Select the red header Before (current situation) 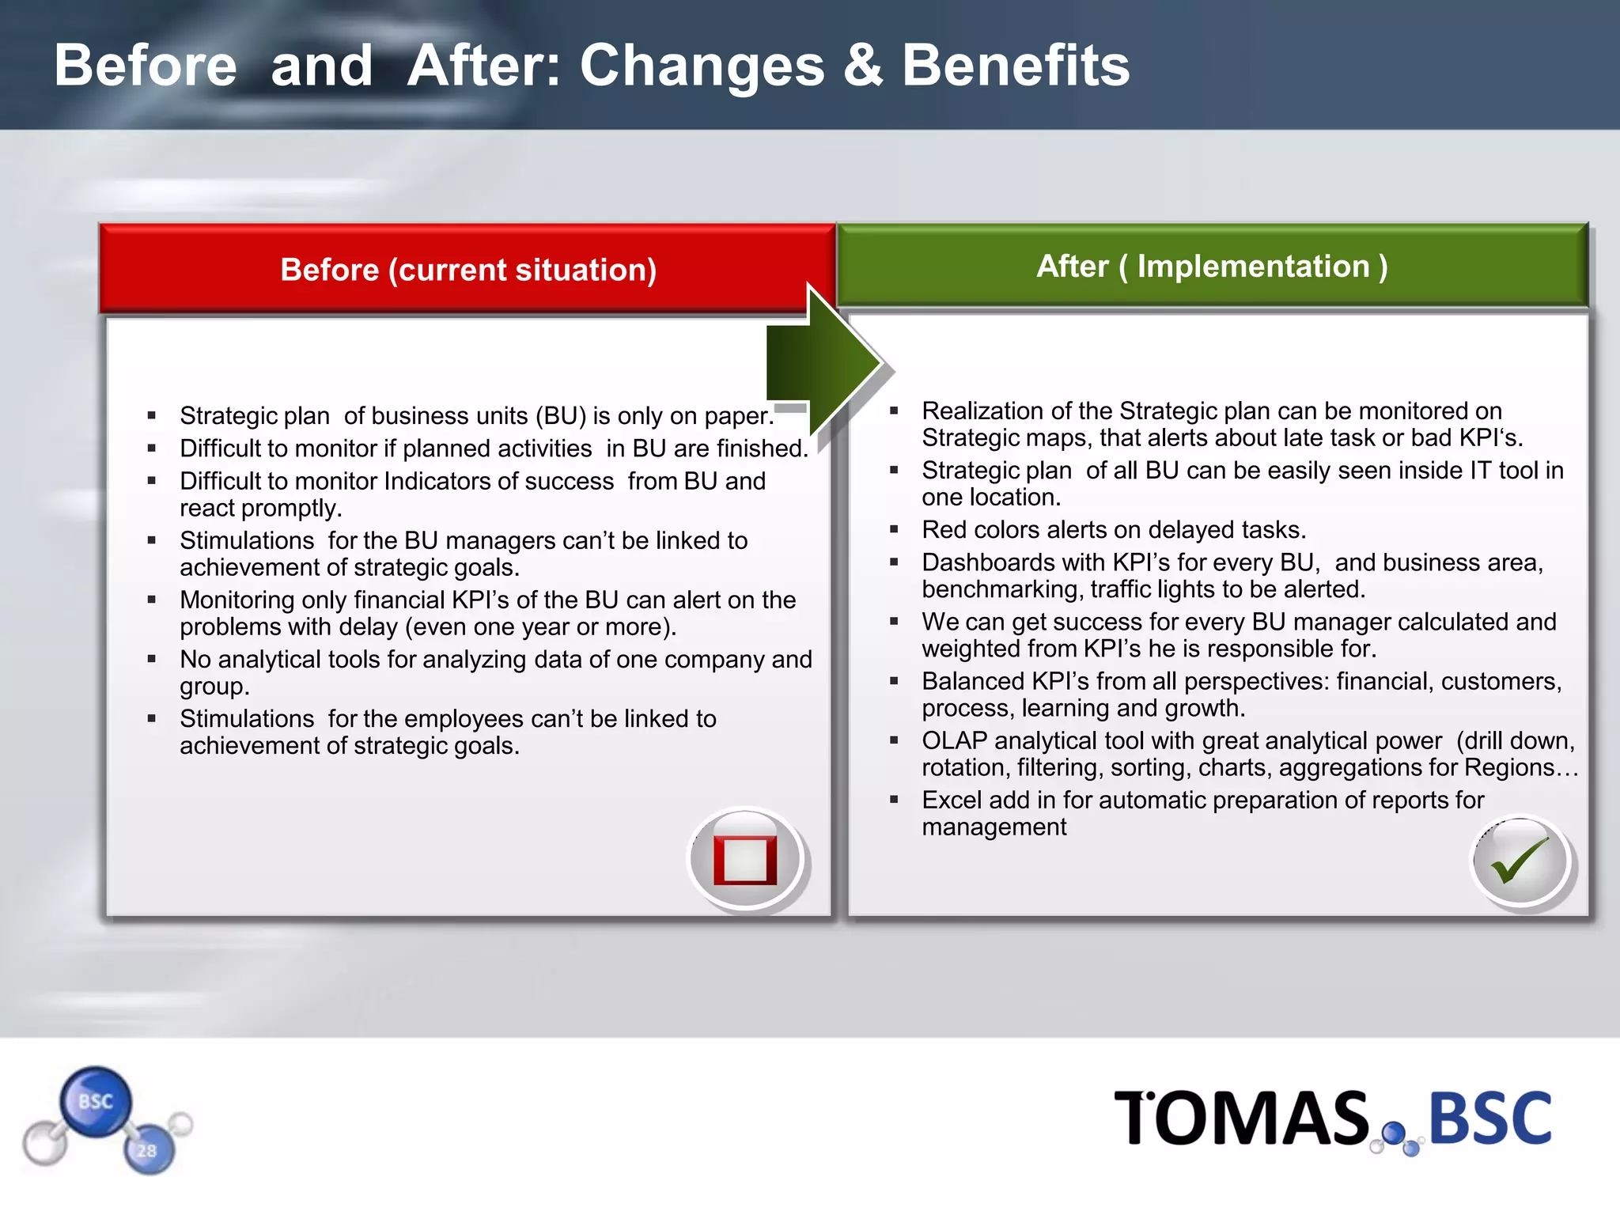tap(468, 270)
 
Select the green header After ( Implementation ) tap(1212, 267)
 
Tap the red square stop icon tap(745, 859)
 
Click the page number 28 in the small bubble tap(147, 1151)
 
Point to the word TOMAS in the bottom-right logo tap(1242, 1118)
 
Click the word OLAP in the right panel tap(954, 741)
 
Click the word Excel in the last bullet tap(952, 801)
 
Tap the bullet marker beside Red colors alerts tap(894, 529)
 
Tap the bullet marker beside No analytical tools tap(151, 658)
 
